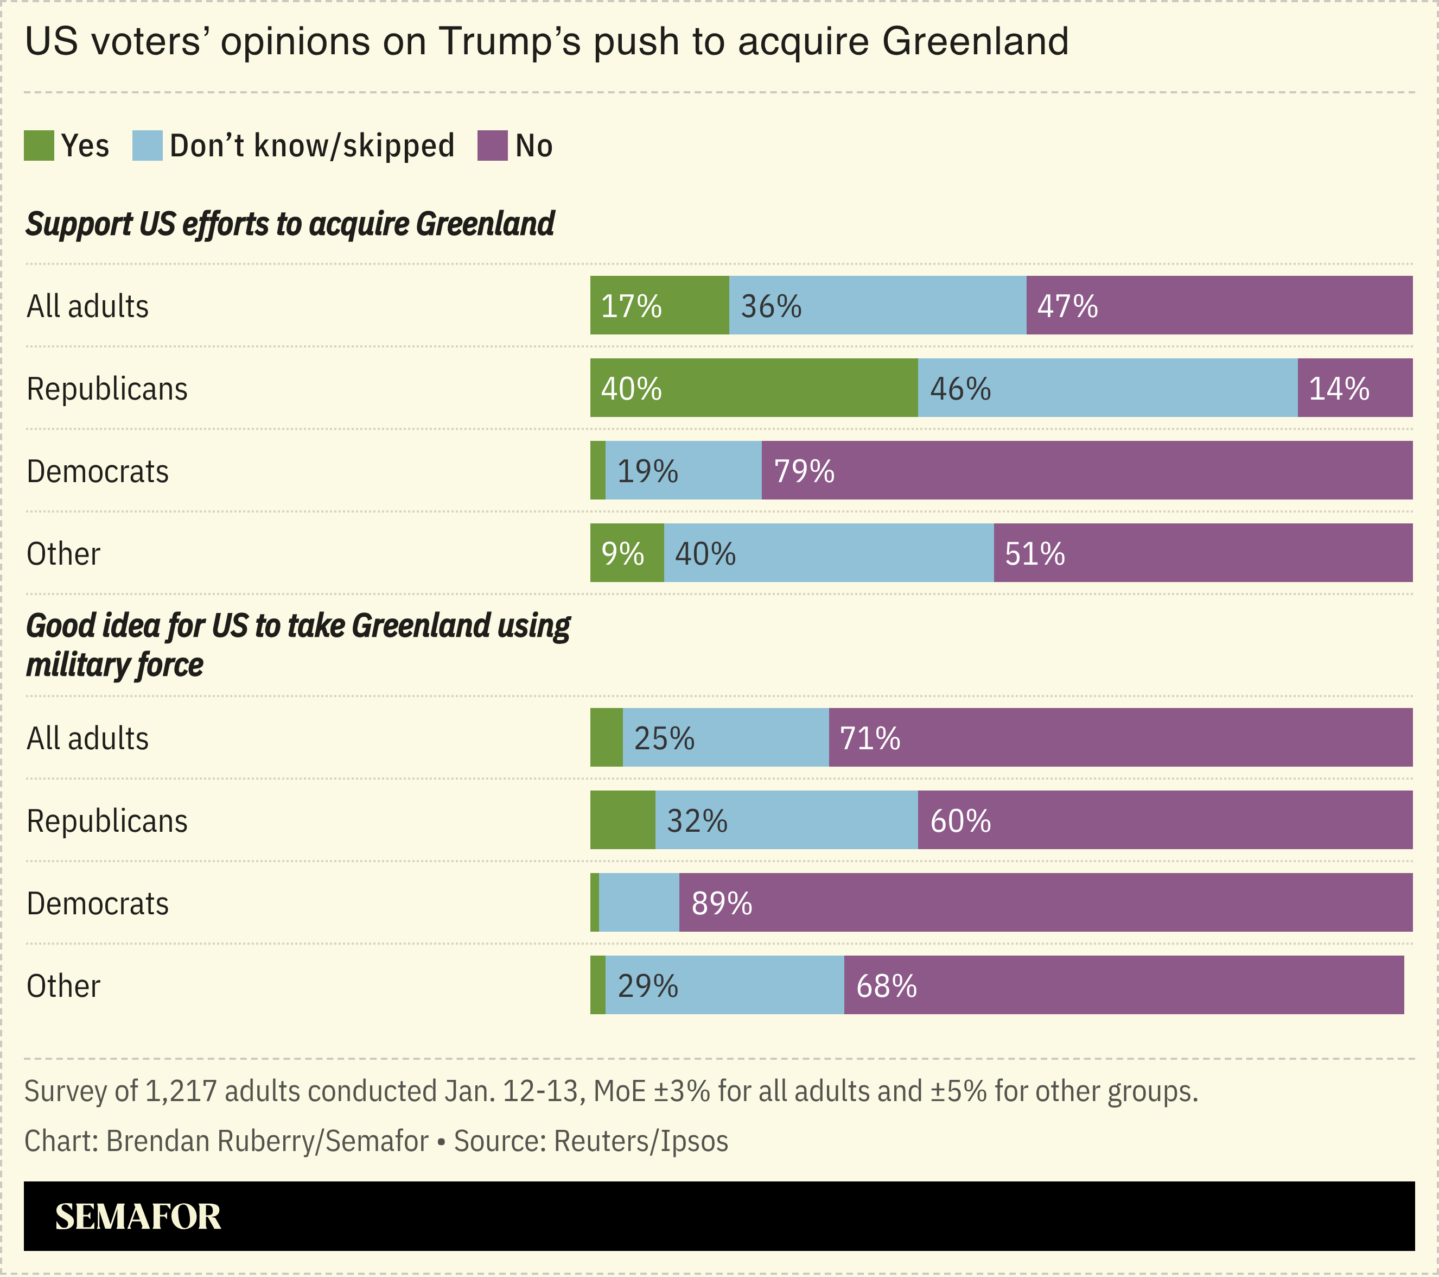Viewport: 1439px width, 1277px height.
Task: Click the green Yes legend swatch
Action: point(39,146)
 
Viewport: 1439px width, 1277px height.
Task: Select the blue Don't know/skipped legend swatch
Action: point(147,146)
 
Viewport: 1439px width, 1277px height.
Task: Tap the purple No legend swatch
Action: point(492,146)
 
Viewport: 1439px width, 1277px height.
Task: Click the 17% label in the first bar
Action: point(631,306)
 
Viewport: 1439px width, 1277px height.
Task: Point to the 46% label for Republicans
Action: point(960,389)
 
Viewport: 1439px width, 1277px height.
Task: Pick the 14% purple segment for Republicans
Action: point(1354,389)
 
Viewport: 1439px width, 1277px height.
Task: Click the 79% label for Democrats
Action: point(804,471)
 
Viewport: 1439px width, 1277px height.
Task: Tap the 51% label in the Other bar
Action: point(1034,554)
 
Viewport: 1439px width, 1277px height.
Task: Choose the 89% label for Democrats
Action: point(722,903)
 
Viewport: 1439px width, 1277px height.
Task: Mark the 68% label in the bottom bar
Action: point(886,986)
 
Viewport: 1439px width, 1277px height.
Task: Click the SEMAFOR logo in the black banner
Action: point(138,1217)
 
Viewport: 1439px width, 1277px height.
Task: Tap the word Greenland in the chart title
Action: point(975,41)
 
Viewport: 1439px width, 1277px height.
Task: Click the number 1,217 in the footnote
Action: point(180,1091)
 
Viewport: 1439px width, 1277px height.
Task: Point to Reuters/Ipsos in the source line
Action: point(641,1141)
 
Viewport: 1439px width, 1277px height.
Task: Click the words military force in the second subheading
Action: point(114,665)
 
